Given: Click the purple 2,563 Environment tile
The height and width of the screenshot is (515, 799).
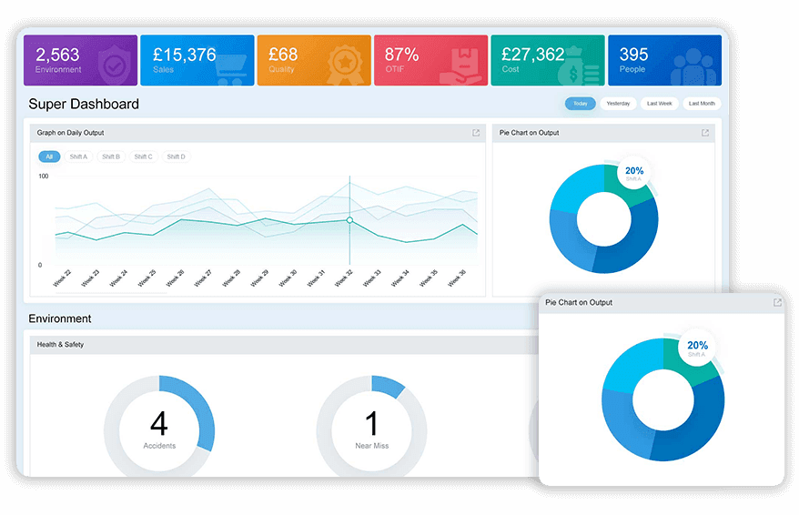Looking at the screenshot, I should click(80, 60).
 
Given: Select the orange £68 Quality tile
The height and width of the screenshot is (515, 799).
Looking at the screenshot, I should click(314, 60).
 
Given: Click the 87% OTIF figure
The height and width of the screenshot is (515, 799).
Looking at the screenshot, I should click(401, 55).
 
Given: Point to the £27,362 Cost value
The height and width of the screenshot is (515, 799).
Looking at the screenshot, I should click(533, 55).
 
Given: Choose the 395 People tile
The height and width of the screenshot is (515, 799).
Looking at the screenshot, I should click(663, 60).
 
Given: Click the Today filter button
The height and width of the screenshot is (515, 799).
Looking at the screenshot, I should click(580, 104).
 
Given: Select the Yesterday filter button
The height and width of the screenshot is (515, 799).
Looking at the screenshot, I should click(618, 104).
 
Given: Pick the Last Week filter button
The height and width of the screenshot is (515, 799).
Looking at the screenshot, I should click(659, 104).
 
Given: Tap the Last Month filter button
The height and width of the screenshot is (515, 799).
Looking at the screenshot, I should click(701, 104).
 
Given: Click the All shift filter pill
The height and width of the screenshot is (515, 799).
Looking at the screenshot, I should click(49, 157).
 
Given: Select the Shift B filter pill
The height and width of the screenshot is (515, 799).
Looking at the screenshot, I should click(111, 157).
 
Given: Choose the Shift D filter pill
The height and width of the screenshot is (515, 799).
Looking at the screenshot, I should click(176, 157).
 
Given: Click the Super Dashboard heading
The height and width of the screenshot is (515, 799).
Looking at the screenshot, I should click(84, 104).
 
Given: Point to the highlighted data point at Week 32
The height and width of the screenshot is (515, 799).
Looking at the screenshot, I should click(349, 220).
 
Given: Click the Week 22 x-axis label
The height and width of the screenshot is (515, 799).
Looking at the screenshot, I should click(62, 278).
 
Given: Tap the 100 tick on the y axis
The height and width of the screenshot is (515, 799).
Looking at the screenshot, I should click(43, 176).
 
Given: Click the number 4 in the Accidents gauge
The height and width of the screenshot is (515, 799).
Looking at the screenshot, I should click(158, 423).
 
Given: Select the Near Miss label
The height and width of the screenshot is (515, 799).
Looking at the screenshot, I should click(370, 446).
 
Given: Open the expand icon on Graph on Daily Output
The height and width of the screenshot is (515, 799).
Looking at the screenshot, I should click(475, 133).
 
